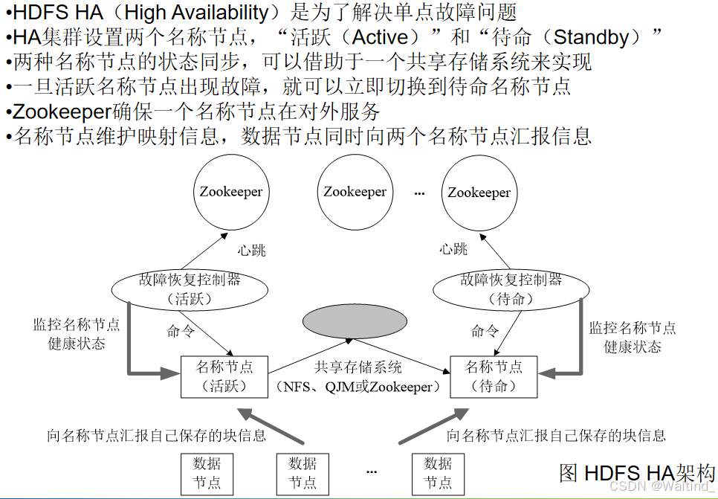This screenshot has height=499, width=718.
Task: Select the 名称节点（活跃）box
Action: click(x=224, y=376)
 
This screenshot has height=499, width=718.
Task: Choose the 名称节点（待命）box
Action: click(x=494, y=376)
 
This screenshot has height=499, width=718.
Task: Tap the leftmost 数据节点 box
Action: click(x=207, y=473)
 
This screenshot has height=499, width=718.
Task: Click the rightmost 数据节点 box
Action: click(x=438, y=473)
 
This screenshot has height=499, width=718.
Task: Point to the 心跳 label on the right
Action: click(x=453, y=249)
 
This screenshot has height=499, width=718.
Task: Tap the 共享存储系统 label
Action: click(x=358, y=367)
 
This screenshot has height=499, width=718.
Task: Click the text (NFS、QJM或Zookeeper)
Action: click(x=358, y=387)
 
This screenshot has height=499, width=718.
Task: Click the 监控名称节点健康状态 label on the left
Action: click(x=76, y=335)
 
